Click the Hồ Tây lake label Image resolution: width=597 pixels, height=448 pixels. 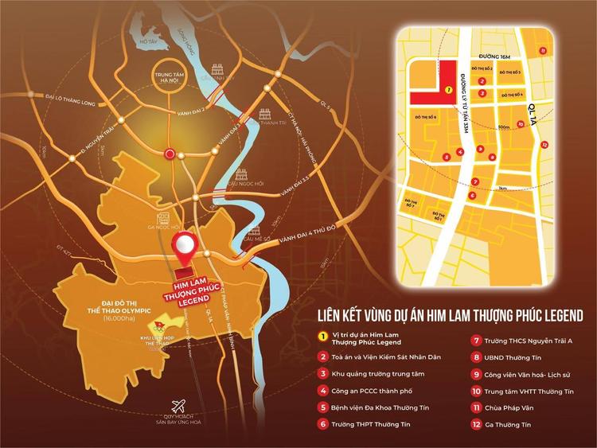147,41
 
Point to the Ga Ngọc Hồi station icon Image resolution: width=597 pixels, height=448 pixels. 162,216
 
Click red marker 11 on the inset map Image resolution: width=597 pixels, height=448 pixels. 544,50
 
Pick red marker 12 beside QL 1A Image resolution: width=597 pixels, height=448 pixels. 544,145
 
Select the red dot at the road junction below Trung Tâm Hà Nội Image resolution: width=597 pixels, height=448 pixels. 168,154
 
